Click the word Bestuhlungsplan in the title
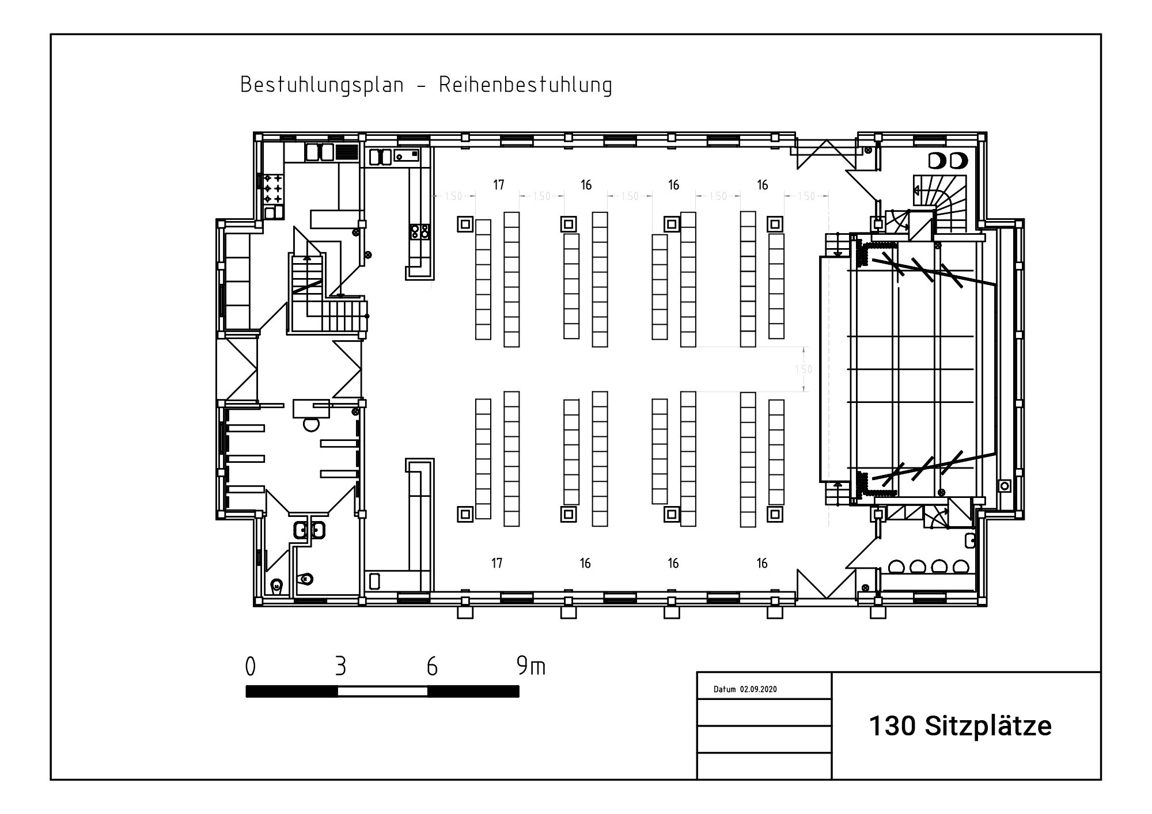322,85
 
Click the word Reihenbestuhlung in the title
525,85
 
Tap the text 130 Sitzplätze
960,726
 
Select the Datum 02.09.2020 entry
745,689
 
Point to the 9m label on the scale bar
531,666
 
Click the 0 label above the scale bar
250,667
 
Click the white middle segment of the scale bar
382,691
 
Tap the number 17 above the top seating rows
499,185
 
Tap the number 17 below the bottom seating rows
497,563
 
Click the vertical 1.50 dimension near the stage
804,369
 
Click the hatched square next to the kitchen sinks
347,152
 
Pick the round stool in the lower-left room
311,425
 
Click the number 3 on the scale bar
340,667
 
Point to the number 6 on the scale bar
432,667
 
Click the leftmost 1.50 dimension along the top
453,196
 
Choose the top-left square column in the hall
465,224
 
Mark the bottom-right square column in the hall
775,513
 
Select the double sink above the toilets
309,530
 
